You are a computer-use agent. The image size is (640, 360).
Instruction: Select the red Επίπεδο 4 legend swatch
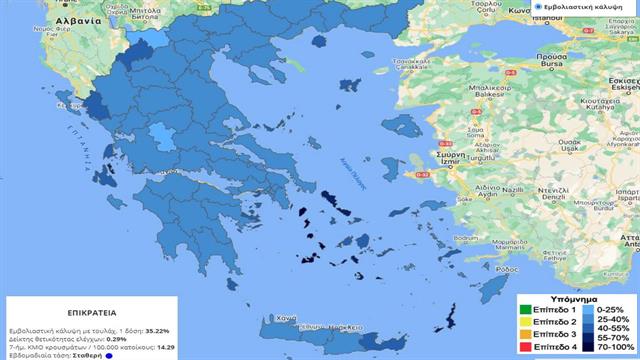click(x=524, y=346)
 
